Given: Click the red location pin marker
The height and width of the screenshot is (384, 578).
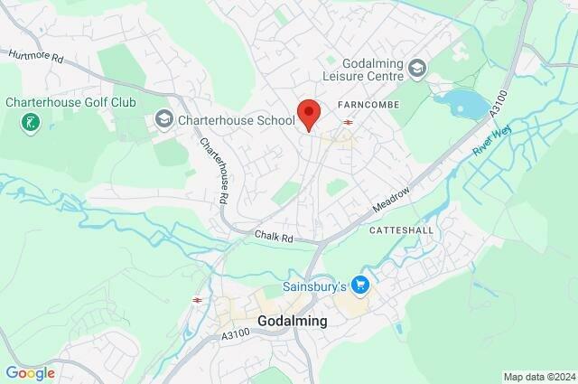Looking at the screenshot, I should point(309,114).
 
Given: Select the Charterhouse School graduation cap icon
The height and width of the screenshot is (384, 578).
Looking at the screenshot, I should point(163,117).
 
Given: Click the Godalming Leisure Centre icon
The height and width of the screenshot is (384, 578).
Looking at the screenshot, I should point(416,67).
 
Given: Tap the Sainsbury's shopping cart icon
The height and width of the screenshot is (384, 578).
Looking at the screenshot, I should point(361,286).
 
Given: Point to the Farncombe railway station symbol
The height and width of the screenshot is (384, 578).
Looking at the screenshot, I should point(348,122).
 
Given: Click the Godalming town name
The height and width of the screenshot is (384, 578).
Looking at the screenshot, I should point(292,321).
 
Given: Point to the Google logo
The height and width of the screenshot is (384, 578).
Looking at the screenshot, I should point(30,372).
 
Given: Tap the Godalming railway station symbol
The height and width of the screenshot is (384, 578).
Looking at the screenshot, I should point(196,299).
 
